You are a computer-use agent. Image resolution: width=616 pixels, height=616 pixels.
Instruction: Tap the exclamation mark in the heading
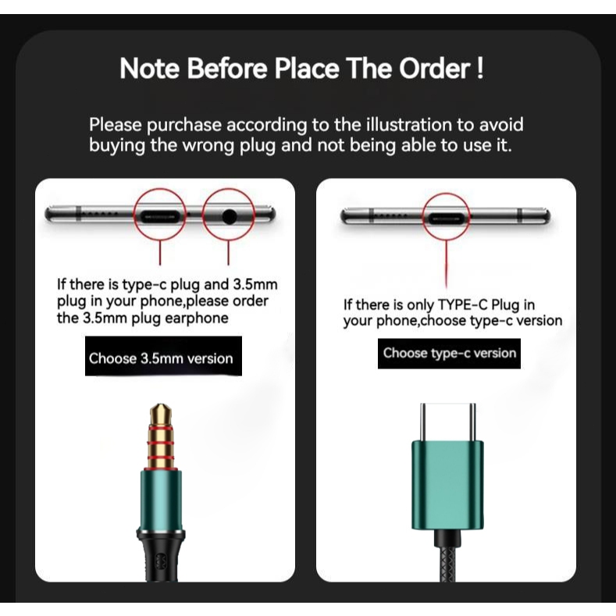coord(479,69)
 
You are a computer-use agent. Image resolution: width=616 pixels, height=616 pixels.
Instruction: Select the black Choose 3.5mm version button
coord(163,356)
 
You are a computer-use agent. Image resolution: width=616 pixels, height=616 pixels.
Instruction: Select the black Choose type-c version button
coord(449,354)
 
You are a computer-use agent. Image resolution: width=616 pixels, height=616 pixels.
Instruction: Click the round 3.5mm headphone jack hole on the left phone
coord(230,216)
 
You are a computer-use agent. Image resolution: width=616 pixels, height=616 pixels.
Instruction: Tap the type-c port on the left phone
coord(160,216)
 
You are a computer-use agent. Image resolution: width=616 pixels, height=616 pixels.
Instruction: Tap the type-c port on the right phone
coord(446,218)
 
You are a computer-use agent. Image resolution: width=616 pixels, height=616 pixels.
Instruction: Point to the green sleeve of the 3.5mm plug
coord(161,500)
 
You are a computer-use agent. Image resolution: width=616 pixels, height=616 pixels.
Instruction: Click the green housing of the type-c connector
coord(448,486)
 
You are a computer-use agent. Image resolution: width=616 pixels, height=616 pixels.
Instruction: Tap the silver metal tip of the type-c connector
coord(448,422)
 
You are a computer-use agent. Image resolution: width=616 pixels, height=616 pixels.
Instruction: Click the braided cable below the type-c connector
coord(448,557)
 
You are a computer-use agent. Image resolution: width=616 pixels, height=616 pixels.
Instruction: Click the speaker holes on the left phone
coord(101,215)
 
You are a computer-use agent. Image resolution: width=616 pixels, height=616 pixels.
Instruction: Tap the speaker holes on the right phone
coord(391,215)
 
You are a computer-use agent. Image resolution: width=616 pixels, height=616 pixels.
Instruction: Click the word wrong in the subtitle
coord(210,145)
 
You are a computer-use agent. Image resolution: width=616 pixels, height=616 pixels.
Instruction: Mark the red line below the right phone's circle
coord(447,264)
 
